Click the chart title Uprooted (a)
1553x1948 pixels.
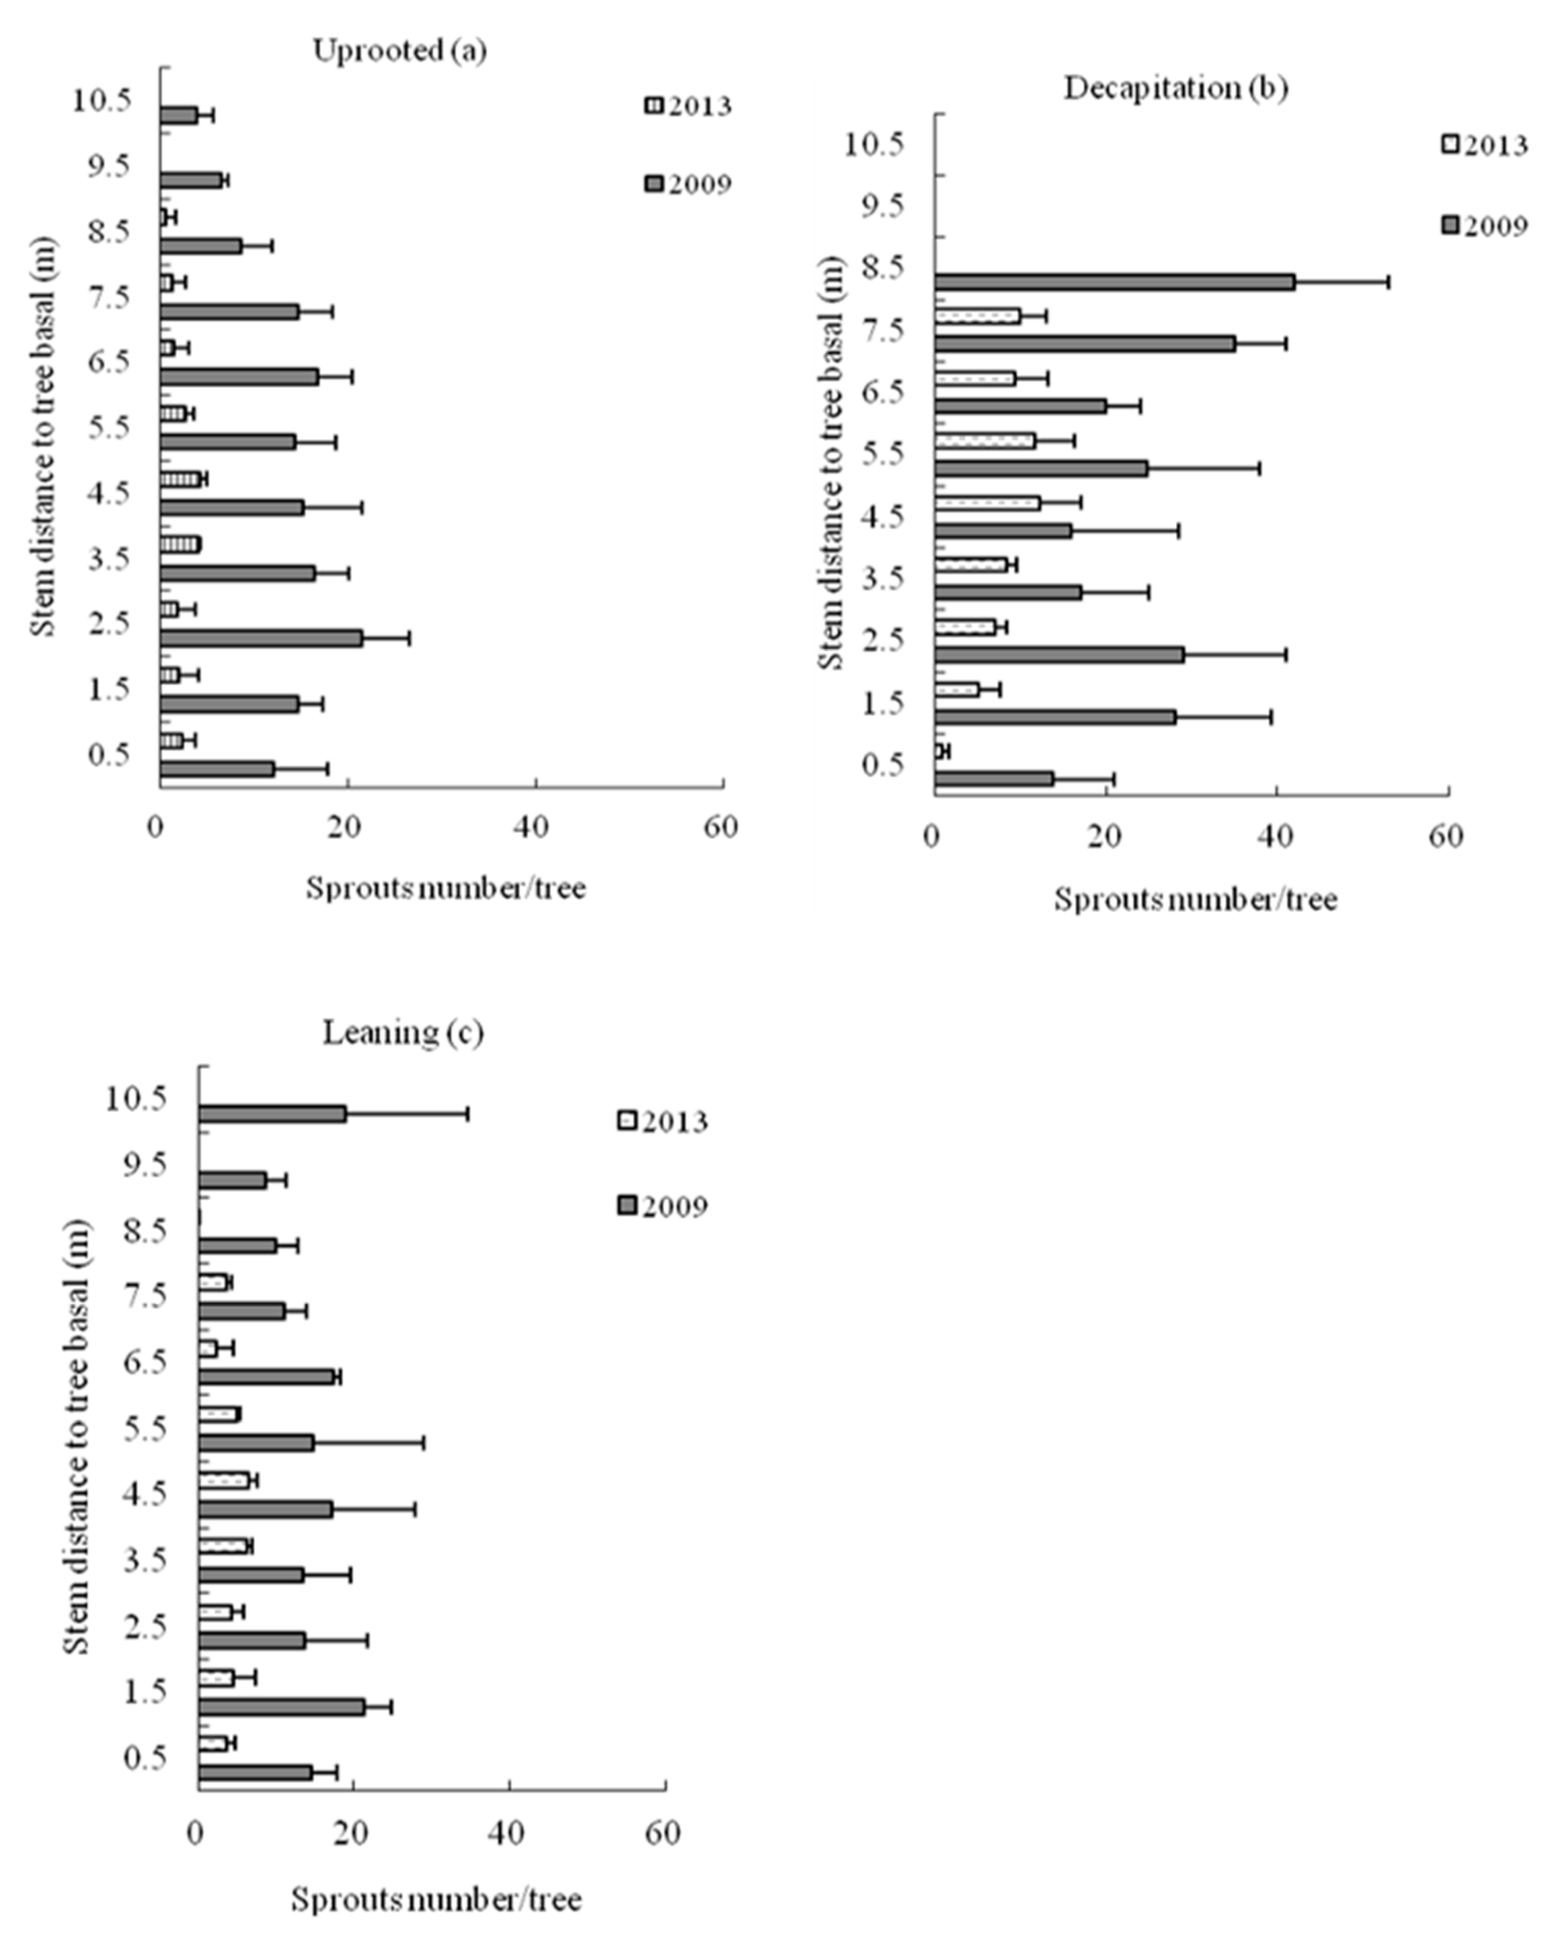400,51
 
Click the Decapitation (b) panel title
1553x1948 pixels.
1176,88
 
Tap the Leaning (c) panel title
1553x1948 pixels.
403,1032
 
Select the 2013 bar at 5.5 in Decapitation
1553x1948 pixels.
985,441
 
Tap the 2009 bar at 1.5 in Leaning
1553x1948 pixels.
281,1707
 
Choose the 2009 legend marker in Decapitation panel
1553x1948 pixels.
1450,225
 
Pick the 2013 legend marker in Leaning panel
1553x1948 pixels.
627,1121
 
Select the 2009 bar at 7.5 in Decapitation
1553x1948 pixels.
1084,344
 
